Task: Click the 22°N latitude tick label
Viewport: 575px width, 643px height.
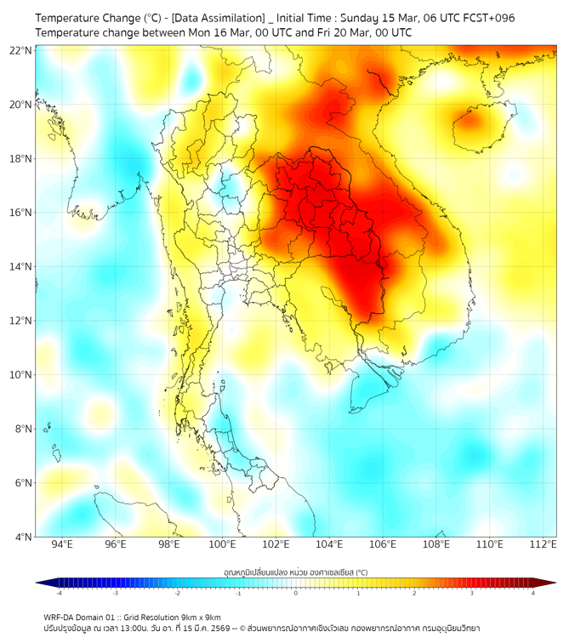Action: pos(21,50)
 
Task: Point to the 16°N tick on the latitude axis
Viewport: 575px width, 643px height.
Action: pos(21,213)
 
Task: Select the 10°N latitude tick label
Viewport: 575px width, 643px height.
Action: pos(21,374)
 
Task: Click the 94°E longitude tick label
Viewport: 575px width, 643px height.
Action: pos(62,544)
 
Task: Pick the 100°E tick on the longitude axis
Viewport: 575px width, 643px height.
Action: pos(222,544)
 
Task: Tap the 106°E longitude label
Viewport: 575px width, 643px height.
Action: pos(383,544)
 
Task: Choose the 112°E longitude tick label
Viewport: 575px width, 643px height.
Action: pos(543,544)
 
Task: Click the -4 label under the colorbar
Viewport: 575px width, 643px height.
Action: pos(58,593)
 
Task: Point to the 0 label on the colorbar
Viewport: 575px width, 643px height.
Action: pos(296,593)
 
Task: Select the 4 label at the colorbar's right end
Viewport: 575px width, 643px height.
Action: pos(533,593)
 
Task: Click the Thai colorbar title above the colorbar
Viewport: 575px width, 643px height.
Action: pos(295,572)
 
